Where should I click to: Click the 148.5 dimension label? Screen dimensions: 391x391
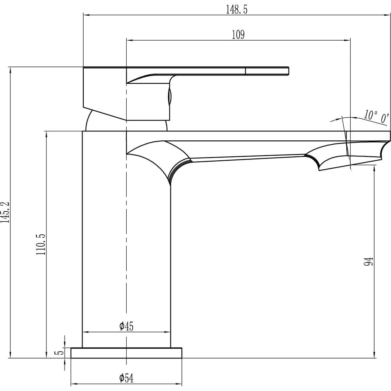[237, 10]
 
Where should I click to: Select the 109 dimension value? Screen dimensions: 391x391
[238, 35]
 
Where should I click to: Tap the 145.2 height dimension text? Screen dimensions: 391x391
[5, 212]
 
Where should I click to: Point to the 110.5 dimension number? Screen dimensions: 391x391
[41, 244]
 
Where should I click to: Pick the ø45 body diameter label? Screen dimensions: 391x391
[126, 326]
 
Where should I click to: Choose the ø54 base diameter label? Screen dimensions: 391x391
[126, 378]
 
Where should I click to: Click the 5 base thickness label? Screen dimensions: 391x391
[59, 353]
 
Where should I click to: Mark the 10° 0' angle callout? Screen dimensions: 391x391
[376, 117]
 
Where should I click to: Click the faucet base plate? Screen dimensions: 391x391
[126, 353]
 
